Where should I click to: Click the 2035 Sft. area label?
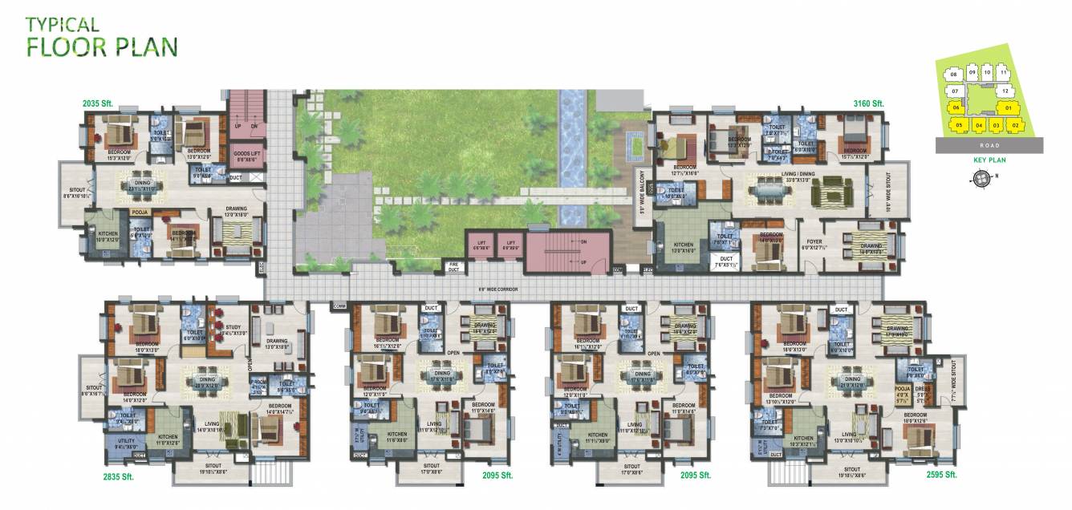(100, 103)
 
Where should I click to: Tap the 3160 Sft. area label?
(867, 103)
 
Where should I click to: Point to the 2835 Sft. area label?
(119, 476)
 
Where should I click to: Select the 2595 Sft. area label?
(940, 475)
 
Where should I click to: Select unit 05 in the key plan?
(959, 125)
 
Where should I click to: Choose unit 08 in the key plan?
(953, 75)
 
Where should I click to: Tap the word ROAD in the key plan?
(989, 146)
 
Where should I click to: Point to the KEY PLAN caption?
(989, 160)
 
